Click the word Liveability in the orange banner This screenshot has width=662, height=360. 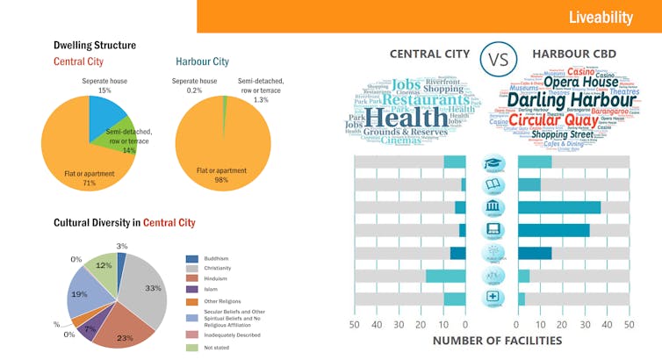[x=601, y=17]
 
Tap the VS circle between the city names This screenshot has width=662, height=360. [x=498, y=60]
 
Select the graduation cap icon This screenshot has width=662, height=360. [x=493, y=162]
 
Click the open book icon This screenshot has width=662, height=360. [x=493, y=185]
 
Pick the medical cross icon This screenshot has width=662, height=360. [x=493, y=299]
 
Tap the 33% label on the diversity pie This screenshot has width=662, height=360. [x=154, y=287]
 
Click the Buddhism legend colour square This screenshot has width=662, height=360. [x=192, y=259]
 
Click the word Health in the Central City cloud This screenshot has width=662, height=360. [x=405, y=116]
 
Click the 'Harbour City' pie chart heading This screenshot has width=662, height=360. [x=202, y=61]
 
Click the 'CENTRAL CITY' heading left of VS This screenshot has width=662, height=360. [x=429, y=54]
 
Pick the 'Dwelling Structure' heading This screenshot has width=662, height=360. [x=95, y=45]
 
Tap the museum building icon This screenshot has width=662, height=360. [x=493, y=208]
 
